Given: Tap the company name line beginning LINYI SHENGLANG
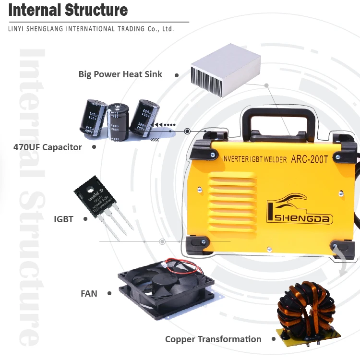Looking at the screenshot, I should [x=91, y=29].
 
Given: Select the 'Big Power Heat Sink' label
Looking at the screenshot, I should [x=120, y=74].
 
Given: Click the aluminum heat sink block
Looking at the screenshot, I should [x=225, y=70].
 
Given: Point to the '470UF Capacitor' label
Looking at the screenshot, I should [x=48, y=147].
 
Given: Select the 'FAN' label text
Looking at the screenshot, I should [x=89, y=293].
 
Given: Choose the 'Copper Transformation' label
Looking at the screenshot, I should [x=213, y=339].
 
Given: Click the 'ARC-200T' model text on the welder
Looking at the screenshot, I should [x=310, y=159].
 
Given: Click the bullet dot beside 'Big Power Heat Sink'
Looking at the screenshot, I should [x=177, y=75].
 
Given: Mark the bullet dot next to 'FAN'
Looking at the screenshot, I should [x=109, y=293].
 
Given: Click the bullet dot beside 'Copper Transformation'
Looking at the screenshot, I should [x=274, y=339].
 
